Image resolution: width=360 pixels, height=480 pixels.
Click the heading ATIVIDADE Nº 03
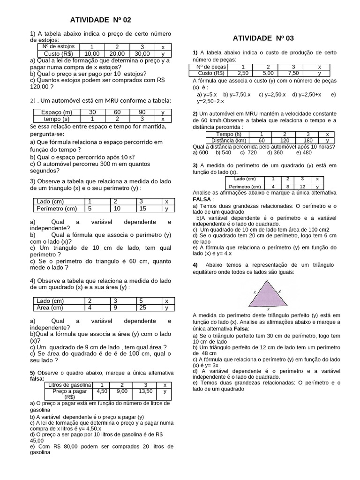[263, 38]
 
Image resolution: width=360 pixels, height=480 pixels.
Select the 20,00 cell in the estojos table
[117, 53]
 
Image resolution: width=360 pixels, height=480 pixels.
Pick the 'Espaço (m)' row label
[57, 112]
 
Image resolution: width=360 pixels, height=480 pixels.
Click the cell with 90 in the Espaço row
[141, 112]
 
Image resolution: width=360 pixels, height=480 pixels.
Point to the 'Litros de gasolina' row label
[69, 385]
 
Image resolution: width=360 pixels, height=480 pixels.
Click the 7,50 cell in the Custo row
[293, 73]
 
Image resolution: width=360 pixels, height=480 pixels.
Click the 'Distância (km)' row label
[228, 140]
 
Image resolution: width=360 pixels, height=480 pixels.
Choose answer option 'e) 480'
[304, 152]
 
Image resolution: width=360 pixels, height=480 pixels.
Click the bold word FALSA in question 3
[202, 199]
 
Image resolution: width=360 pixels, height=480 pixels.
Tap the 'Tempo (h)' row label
[228, 134]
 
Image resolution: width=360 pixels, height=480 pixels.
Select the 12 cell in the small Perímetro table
[302, 187]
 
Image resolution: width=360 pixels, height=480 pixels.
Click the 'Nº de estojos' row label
[59, 47]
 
